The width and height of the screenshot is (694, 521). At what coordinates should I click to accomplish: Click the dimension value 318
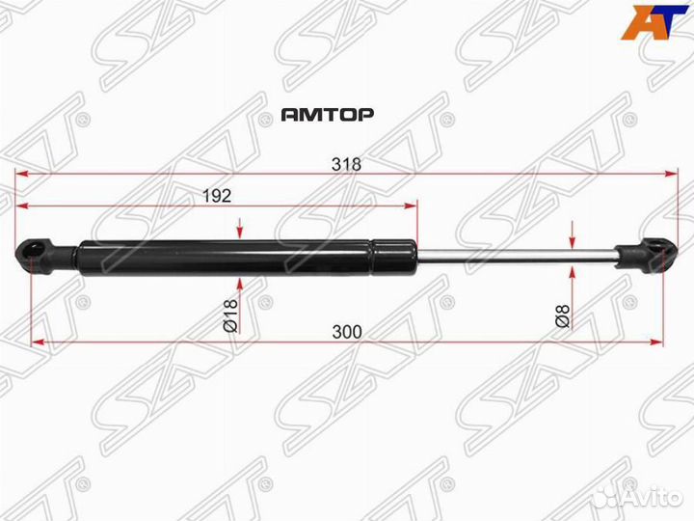pyautogui.click(x=345, y=164)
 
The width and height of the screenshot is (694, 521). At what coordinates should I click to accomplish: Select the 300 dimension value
pyautogui.click(x=345, y=331)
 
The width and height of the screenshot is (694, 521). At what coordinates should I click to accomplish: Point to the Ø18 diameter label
pyautogui.click(x=230, y=315)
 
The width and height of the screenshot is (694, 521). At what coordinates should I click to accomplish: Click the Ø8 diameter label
pyautogui.click(x=564, y=315)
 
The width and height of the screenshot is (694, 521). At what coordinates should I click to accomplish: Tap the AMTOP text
pyautogui.click(x=327, y=114)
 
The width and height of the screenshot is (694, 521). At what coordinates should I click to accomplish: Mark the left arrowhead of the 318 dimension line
pyautogui.click(x=21, y=175)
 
